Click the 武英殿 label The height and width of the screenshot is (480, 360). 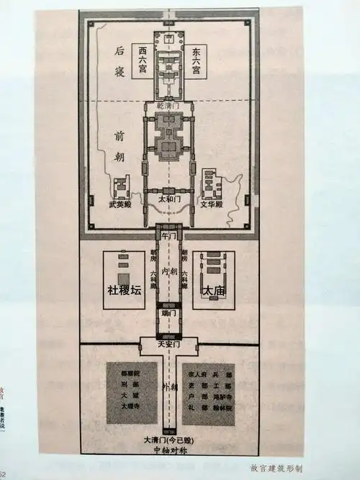pos(120,205)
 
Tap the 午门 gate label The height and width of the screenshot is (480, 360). pos(171,235)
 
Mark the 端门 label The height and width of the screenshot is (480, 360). pos(171,315)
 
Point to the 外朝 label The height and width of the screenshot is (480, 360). pos(170,389)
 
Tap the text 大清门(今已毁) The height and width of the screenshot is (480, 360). pos(170,439)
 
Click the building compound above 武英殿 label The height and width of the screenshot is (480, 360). pos(120,188)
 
